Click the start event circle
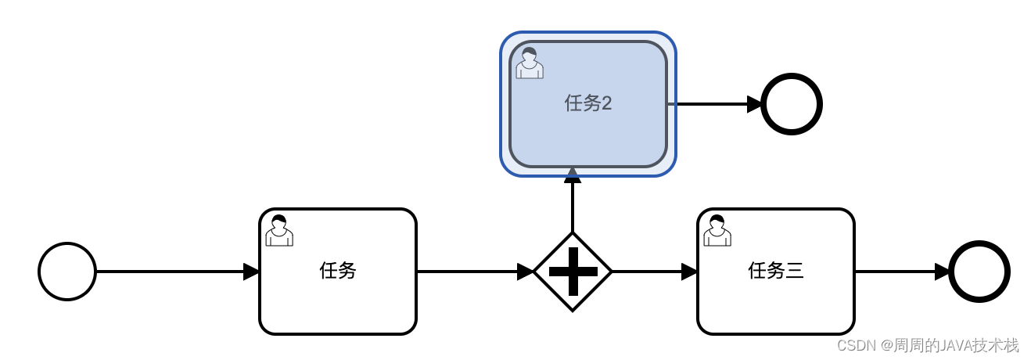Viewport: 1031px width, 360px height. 67,272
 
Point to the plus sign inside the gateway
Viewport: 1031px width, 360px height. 573,272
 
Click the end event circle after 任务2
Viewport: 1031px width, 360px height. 792,104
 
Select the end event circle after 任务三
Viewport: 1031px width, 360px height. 979,272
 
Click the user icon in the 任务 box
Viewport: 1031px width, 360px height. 279,230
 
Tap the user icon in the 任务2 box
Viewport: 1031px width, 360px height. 530,63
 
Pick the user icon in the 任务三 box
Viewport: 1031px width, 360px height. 717,230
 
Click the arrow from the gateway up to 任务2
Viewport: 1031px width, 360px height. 573,205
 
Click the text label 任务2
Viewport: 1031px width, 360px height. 588,103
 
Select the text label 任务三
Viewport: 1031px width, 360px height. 776,271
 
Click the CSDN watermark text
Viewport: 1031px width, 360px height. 928,345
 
